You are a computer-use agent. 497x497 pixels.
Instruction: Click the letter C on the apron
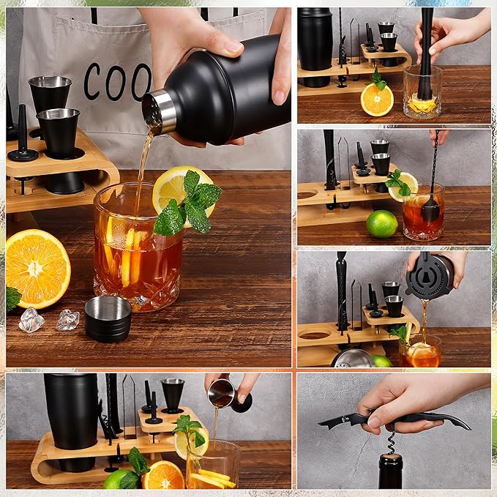(91, 81)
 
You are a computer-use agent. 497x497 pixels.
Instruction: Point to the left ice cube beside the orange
(31, 320)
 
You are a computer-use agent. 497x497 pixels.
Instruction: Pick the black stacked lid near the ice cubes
(108, 318)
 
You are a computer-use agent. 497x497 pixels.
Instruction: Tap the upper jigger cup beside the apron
(50, 93)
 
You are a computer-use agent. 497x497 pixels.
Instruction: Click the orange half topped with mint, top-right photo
(377, 99)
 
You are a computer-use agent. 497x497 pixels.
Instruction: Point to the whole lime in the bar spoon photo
(381, 223)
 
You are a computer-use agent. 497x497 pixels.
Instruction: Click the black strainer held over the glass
(430, 276)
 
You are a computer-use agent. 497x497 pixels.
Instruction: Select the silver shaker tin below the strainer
(354, 358)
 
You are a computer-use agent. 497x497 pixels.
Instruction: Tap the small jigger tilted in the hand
(220, 393)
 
